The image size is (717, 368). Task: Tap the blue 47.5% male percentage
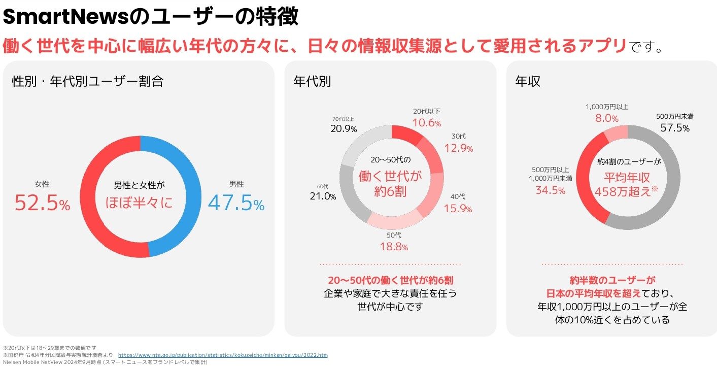point(236,203)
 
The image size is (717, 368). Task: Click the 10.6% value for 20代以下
point(426,123)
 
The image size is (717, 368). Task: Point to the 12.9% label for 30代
point(458,148)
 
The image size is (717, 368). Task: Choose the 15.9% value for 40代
point(458,209)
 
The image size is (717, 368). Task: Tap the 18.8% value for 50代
point(394,247)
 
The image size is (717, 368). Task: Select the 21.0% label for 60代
point(323,196)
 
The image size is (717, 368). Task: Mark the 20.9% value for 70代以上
point(344,129)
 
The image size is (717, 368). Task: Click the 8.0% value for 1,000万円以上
point(606,118)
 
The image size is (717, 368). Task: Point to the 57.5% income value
point(675,128)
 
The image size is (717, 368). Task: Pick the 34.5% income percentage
point(551,190)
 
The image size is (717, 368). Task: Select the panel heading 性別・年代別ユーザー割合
point(87,81)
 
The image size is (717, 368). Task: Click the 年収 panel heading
point(528,81)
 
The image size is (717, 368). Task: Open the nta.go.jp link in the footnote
point(223,355)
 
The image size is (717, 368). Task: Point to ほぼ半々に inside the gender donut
point(139,202)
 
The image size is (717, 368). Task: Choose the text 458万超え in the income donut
point(624,193)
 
